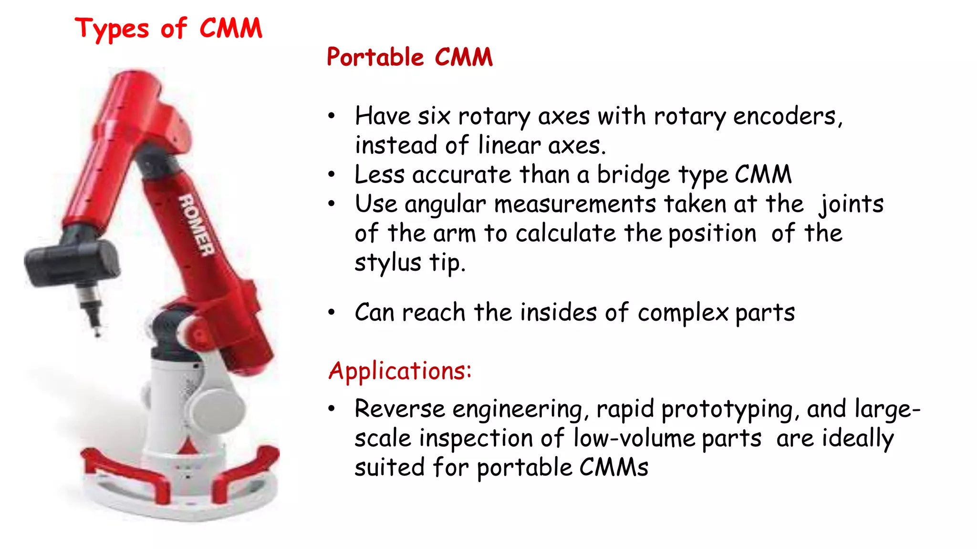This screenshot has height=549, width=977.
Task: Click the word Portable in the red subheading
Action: pos(375,57)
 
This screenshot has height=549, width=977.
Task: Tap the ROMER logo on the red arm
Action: pos(196,225)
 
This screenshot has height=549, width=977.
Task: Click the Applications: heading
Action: pos(400,371)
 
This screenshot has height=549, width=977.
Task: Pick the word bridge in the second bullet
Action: pos(634,175)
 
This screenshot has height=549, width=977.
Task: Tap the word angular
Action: pos(445,204)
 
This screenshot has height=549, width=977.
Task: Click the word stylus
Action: pos(388,263)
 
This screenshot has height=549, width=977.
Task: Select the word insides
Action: pos(558,313)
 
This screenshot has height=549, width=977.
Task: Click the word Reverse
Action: pos(399,409)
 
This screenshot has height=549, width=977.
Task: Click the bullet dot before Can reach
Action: pos(332,313)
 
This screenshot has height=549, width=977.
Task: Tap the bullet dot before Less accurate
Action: pos(332,175)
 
